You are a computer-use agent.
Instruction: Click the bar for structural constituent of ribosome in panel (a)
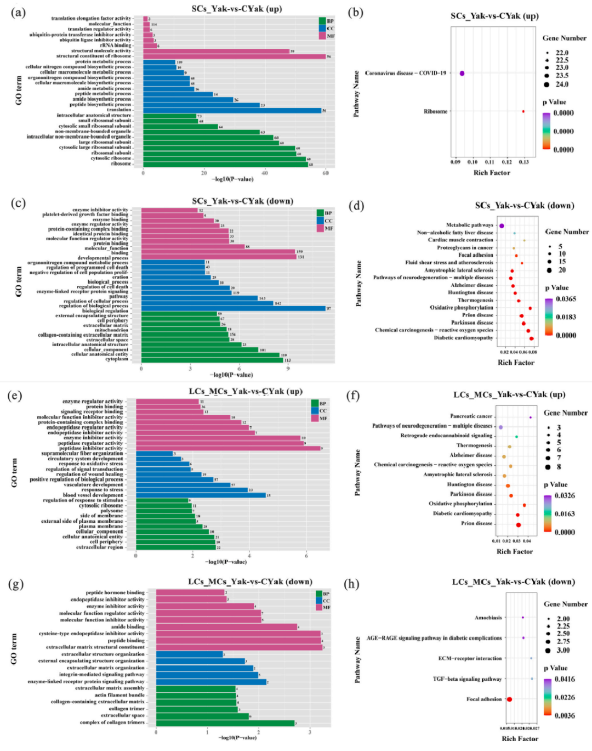coord(234,56)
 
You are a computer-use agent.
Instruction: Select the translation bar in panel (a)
coord(232,110)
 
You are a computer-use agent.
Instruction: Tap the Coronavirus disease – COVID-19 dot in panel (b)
coord(462,73)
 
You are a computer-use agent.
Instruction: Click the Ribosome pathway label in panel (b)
coord(435,111)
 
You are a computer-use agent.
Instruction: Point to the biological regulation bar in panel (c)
coord(233,308)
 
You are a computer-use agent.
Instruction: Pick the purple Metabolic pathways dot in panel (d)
coord(502,225)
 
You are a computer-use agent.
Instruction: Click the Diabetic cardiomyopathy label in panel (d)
coord(463,338)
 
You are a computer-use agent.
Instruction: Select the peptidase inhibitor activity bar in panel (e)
coord(228,448)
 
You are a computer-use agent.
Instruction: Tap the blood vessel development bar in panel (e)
coord(201,495)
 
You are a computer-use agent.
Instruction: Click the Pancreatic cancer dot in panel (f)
coord(531,417)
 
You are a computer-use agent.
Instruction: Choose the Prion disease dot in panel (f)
coord(519,525)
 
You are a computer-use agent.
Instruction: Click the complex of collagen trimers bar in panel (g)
coord(225,723)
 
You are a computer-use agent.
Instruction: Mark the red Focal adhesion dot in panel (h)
coord(509,699)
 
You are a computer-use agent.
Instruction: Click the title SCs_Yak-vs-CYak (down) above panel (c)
coord(242,201)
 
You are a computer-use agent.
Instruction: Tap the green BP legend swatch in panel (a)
coord(322,21)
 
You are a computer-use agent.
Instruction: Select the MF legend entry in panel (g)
coord(319,607)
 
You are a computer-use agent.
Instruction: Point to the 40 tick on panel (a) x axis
coord(265,173)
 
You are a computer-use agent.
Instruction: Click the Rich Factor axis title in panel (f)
coord(514,551)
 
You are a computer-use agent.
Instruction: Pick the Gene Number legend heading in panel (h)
coord(565,604)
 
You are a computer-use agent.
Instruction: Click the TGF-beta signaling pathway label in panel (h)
coord(467,679)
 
